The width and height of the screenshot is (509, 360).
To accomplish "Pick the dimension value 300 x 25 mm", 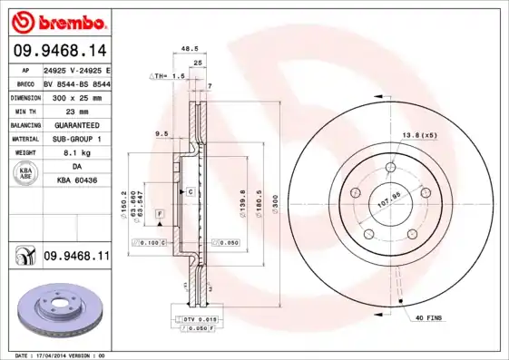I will (x=76, y=95).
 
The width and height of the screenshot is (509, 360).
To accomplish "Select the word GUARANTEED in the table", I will (x=76, y=124).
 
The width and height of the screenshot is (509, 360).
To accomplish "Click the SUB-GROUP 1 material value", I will (x=76, y=139).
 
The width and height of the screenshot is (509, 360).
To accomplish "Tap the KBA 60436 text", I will (x=76, y=182).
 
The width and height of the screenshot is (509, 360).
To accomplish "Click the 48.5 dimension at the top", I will (x=190, y=49).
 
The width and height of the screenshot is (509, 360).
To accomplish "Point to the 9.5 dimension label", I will (x=162, y=133).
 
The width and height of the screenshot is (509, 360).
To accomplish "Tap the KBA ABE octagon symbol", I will (x=26, y=175).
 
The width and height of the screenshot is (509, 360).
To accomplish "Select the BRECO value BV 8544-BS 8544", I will (x=76, y=82).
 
